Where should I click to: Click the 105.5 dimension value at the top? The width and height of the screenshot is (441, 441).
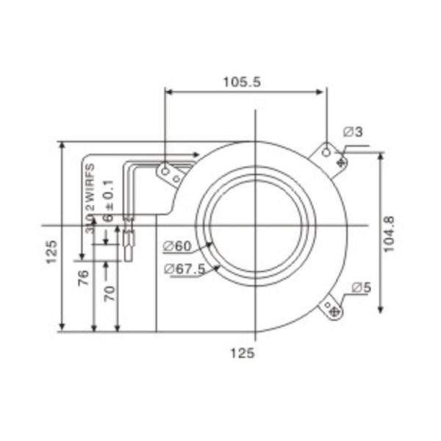coord(242,82)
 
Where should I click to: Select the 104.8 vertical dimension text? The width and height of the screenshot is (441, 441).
coord(390,234)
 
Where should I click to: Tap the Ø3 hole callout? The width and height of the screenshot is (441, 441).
coord(354,132)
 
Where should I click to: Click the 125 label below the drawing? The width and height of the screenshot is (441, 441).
coord(242,354)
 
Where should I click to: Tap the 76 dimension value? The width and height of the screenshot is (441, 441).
coord(84,277)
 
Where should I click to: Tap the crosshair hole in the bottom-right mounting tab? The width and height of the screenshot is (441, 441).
coord(335,312)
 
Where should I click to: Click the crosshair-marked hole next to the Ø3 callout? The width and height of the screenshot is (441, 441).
coord(340,161)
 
